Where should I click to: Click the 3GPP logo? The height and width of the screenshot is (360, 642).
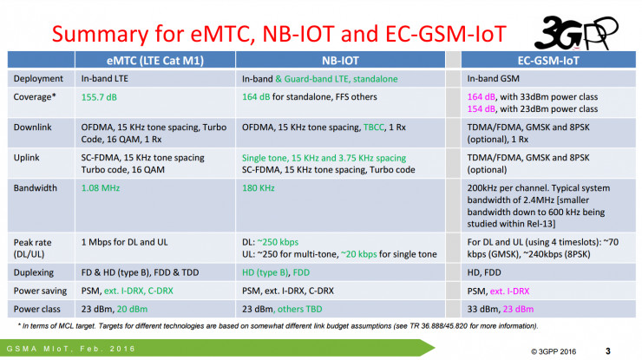click(x=576, y=32)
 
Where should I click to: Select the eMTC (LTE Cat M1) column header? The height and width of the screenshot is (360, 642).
click(x=155, y=61)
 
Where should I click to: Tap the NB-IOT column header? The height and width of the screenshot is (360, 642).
click(x=340, y=61)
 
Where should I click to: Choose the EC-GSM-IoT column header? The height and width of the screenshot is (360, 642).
click(x=548, y=61)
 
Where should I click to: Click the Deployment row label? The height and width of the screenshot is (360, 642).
click(x=38, y=79)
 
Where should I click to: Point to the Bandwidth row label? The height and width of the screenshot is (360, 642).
click(x=36, y=188)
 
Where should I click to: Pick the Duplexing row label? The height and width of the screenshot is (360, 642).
click(x=34, y=272)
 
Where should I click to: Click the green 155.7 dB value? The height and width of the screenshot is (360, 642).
click(x=99, y=97)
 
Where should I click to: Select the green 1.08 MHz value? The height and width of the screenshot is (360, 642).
click(x=101, y=188)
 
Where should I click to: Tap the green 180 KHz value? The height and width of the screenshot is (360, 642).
click(x=258, y=188)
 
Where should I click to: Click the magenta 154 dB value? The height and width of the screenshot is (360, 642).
click(x=481, y=109)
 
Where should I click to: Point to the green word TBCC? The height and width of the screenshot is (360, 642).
click(x=373, y=128)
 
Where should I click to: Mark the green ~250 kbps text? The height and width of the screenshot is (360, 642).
click(x=278, y=242)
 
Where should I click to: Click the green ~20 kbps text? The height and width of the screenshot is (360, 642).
click(x=358, y=254)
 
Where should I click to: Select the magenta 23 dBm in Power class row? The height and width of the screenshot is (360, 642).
click(x=518, y=309)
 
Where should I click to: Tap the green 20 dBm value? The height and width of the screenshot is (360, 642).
click(x=132, y=309)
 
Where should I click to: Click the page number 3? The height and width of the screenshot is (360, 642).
click(x=607, y=351)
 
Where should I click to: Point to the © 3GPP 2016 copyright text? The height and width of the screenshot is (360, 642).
click(x=554, y=351)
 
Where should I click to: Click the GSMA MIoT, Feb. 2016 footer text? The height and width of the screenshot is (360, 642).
click(x=71, y=349)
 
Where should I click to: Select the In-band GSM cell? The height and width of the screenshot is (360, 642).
click(x=493, y=79)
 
